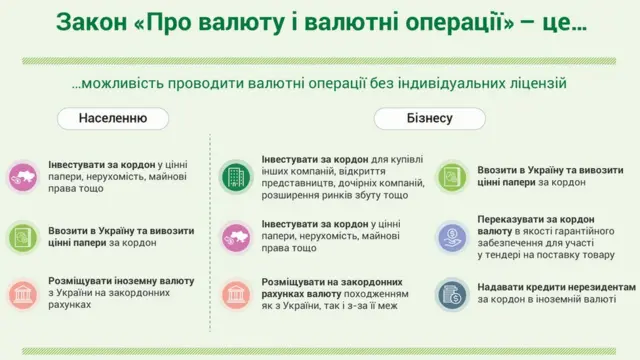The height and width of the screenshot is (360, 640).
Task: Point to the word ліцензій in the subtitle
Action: tap(535, 83)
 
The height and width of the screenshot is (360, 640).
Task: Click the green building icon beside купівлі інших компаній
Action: tap(236, 177)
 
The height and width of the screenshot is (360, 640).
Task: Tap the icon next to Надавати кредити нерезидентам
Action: tap(452, 292)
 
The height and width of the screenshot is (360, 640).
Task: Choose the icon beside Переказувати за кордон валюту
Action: tap(452, 235)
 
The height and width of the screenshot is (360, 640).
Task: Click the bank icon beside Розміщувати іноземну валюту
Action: tap(22, 292)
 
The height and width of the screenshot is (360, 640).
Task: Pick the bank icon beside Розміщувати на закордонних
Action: tap(236, 292)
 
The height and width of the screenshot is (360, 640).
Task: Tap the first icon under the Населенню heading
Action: tap(22, 177)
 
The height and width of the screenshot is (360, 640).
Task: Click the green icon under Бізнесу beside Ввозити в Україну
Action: tap(452, 177)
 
